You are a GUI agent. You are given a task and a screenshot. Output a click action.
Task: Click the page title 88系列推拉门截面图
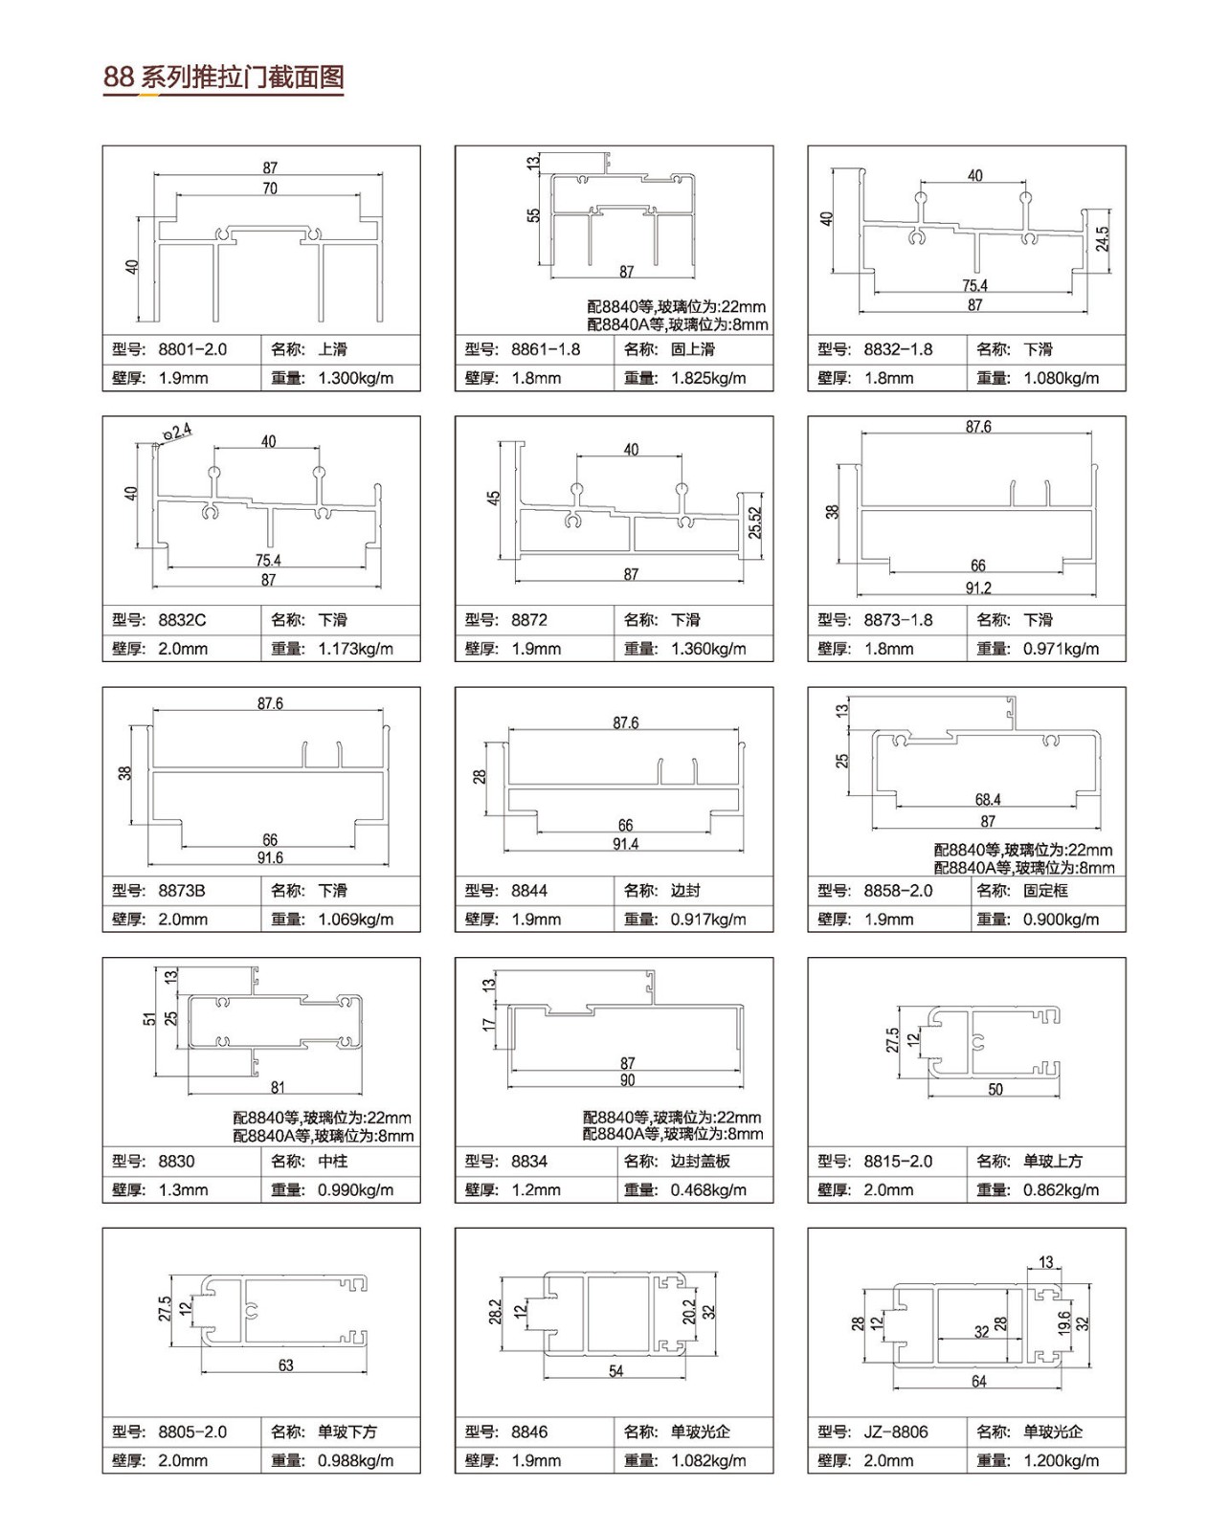point(224,78)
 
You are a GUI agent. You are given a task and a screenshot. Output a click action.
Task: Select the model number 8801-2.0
point(192,349)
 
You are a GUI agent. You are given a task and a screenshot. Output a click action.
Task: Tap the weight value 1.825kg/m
point(708,379)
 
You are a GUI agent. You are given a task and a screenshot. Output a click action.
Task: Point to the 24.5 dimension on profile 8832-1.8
point(1102,239)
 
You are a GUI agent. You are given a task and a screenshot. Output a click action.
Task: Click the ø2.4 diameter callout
point(177,432)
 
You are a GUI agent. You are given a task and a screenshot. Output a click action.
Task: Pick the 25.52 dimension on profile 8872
point(755,522)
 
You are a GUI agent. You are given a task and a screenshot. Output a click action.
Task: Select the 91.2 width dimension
point(978,588)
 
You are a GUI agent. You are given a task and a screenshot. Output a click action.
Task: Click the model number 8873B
point(182,891)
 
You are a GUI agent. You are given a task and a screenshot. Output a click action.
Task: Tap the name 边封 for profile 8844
point(685,891)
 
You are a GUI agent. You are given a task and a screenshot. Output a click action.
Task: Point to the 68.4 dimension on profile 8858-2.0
point(988,800)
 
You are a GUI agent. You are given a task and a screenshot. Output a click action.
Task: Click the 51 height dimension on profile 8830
point(149,1019)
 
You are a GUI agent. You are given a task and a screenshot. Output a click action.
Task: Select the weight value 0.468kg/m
point(708,1190)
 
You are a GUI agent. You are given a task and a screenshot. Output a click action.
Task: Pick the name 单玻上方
point(1053,1161)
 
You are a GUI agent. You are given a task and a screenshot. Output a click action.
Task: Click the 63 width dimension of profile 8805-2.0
point(285,1365)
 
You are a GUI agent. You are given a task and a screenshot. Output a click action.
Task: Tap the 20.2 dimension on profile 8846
point(689,1312)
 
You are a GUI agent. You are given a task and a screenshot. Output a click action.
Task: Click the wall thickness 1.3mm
point(183,1190)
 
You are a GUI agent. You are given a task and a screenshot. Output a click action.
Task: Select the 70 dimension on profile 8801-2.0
point(270,189)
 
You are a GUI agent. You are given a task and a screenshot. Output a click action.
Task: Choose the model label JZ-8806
point(896,1432)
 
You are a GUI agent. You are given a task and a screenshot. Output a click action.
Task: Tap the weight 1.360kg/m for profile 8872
point(708,649)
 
